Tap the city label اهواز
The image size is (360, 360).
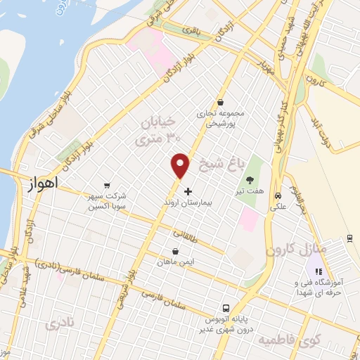tap(43, 185)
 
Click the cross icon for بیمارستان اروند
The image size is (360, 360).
tap(187, 191)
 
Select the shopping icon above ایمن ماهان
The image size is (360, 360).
tap(175, 251)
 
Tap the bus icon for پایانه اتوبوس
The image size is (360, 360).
tap(226, 308)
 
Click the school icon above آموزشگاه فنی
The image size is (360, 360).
tap(317, 271)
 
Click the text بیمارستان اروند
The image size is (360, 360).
tap(207, 202)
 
